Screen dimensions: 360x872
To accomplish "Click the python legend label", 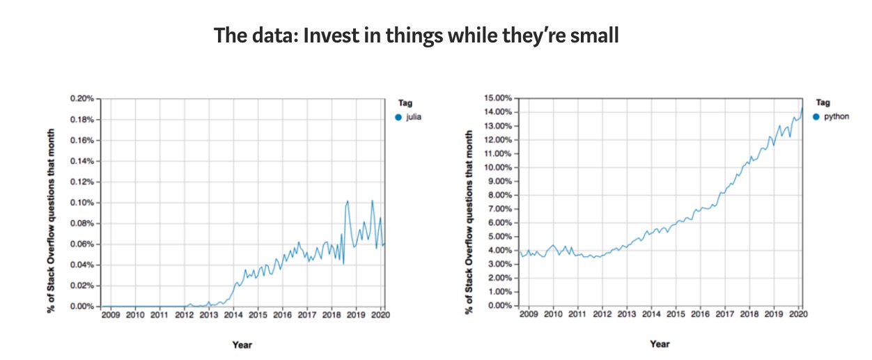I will pyautogui.click(x=836, y=116).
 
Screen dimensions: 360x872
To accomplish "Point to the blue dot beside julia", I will pyautogui.click(x=398, y=117).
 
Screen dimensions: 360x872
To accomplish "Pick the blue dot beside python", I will pyautogui.click(x=816, y=116).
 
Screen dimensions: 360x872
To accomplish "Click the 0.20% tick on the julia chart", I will pyautogui.click(x=81, y=99).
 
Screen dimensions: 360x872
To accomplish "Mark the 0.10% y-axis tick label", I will pyautogui.click(x=81, y=203).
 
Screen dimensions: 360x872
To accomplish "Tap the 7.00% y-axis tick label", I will pyautogui.click(x=500, y=209).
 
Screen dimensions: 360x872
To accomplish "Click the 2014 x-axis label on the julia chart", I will pyautogui.click(x=233, y=315).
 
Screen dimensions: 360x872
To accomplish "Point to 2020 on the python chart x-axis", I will pyautogui.click(x=797, y=315).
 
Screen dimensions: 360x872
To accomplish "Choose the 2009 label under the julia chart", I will pyautogui.click(x=111, y=315).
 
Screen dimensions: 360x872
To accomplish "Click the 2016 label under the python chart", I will pyautogui.click(x=700, y=315).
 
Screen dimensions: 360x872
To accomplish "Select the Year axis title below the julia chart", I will pyautogui.click(x=242, y=345).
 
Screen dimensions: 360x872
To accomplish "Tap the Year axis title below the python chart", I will pyautogui.click(x=660, y=344).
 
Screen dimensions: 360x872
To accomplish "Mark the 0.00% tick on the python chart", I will pyautogui.click(x=500, y=306).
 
